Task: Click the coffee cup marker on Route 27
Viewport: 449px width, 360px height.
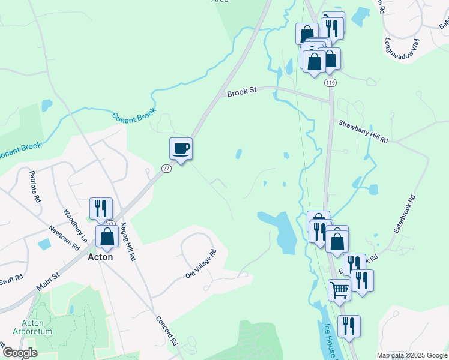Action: [181, 148]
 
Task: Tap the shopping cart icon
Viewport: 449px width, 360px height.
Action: [339, 290]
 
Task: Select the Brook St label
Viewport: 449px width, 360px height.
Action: [242, 90]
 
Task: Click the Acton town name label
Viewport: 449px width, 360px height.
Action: [100, 256]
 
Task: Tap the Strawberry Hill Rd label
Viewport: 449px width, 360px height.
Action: [363, 132]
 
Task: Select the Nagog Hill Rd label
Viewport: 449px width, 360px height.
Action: [128, 241]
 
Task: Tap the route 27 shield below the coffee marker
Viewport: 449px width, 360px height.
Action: [166, 169]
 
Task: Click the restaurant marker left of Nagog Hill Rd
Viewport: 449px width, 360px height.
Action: [100, 208]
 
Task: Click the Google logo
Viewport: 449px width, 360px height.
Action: [19, 353]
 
